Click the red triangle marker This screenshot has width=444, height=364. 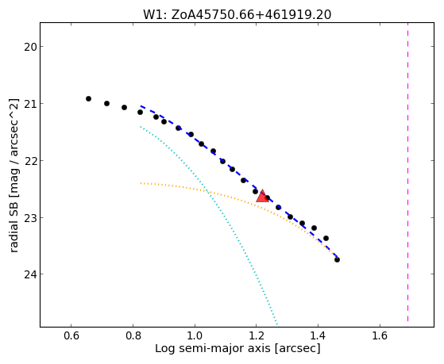tap(262, 197)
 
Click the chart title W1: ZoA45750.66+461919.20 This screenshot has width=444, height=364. tap(237, 15)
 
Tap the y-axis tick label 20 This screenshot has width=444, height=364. tap(30, 47)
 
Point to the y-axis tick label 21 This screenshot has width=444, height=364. tap(30, 104)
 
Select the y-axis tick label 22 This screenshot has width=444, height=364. tap(30, 161)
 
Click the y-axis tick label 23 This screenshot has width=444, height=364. tap(30, 218)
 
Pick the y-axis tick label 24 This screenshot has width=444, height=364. tap(30, 274)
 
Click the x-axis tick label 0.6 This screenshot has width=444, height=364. tap(71, 335)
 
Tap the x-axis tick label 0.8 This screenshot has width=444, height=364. tap(133, 335)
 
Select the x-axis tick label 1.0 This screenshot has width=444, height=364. tap(195, 335)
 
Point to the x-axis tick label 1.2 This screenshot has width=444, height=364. tap(257, 335)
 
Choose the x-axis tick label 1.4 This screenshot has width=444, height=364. tap(318, 335)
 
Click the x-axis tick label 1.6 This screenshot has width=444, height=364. tap(380, 335)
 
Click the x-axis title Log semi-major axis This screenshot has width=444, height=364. tap(213, 348)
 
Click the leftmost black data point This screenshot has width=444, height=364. tap(88, 98)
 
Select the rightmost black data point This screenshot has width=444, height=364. tap(337, 259)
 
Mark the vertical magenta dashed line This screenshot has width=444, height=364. tap(407, 172)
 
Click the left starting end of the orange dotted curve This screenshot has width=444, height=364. tap(141, 183)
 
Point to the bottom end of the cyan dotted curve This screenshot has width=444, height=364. tap(277, 324)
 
